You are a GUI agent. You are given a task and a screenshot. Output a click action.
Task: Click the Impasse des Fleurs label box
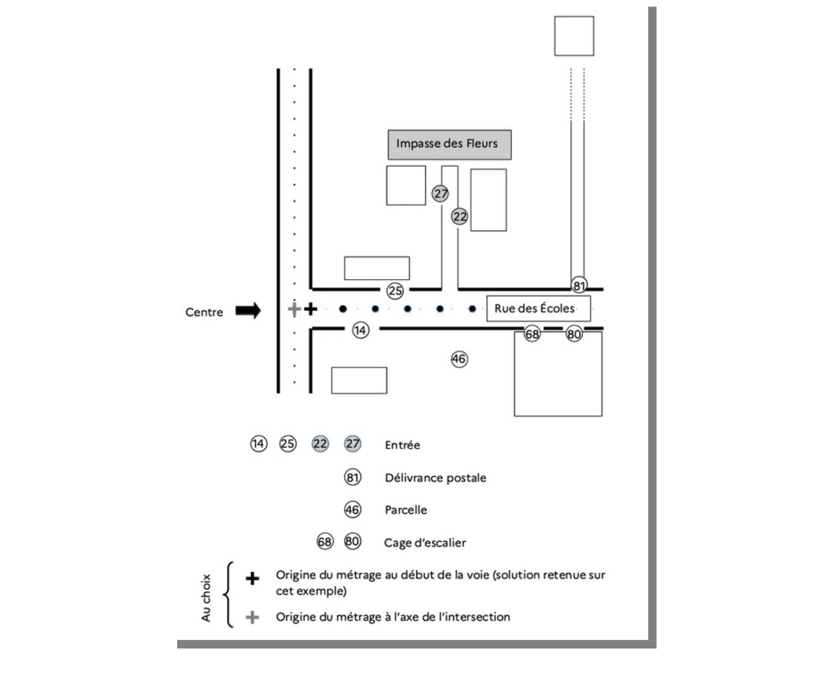(x=449, y=144)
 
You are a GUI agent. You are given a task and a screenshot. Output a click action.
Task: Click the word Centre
(x=204, y=312)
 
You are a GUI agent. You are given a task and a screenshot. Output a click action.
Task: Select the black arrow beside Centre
(x=248, y=311)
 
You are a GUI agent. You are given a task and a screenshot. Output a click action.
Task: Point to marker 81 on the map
(x=579, y=286)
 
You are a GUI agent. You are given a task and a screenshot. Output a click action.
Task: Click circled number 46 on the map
(x=459, y=359)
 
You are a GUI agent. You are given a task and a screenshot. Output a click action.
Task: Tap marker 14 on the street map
(x=360, y=330)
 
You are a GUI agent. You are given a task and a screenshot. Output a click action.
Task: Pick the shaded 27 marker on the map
(x=440, y=194)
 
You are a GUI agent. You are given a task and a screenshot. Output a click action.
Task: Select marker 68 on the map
(x=532, y=334)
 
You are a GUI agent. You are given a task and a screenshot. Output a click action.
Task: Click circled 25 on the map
(x=395, y=291)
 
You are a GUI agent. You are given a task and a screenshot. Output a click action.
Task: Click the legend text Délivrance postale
(x=435, y=478)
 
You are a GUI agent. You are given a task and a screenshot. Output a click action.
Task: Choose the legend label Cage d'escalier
(x=425, y=543)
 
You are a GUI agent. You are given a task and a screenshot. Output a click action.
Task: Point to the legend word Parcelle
(x=406, y=510)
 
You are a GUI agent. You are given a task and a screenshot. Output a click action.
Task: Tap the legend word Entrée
(x=402, y=445)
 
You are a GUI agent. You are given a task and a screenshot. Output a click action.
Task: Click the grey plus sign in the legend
(x=252, y=617)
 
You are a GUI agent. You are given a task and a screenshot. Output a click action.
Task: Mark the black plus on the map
(x=311, y=309)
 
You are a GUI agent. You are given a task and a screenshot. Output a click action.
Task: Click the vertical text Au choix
(x=206, y=598)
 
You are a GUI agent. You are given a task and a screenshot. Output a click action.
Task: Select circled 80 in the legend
(x=352, y=541)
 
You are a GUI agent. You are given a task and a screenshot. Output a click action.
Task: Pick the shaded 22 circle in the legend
(x=320, y=444)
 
